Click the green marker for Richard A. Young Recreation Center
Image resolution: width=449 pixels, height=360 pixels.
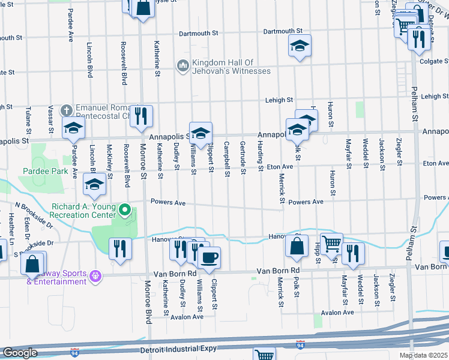pos(125,209)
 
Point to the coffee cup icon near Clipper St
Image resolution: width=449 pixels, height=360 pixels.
pos(209,257)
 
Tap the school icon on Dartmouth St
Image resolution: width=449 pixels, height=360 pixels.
pos(298,46)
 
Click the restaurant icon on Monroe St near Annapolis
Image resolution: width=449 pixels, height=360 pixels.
pos(141,116)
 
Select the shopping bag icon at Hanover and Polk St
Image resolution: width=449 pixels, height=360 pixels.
pos(297,246)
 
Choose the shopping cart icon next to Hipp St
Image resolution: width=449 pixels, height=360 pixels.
pos(331,244)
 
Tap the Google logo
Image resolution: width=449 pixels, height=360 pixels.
pos(20,352)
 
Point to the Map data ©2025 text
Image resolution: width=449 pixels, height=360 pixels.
pos(424,356)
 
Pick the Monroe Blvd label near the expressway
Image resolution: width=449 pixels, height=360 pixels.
pos(148,310)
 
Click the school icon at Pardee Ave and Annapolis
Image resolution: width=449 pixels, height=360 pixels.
pos(74,128)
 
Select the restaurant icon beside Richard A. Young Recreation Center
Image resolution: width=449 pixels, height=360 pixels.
pos(120,248)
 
